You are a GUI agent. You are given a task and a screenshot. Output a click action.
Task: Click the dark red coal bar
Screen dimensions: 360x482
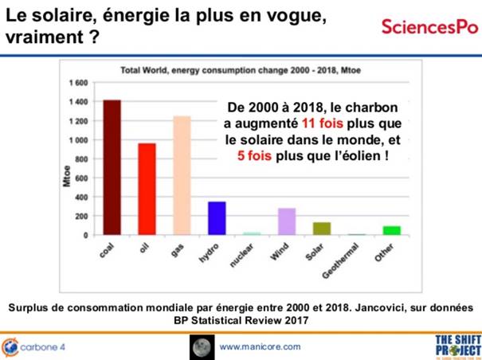(112, 167)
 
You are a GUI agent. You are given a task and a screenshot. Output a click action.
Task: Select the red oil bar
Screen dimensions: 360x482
(147, 189)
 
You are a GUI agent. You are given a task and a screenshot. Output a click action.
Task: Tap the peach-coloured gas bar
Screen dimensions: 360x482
(182, 175)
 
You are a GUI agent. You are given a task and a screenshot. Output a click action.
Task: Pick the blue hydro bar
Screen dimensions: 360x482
(217, 218)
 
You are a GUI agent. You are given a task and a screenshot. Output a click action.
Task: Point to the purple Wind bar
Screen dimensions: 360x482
(287, 221)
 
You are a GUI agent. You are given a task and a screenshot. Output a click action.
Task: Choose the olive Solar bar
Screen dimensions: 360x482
(321, 229)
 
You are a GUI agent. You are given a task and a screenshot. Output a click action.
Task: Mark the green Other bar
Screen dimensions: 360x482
(391, 231)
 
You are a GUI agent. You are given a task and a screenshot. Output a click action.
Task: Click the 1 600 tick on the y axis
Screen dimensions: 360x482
(77, 83)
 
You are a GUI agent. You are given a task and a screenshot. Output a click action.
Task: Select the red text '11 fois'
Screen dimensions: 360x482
(323, 124)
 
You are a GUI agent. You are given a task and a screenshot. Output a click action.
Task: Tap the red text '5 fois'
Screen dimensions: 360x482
(255, 157)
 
